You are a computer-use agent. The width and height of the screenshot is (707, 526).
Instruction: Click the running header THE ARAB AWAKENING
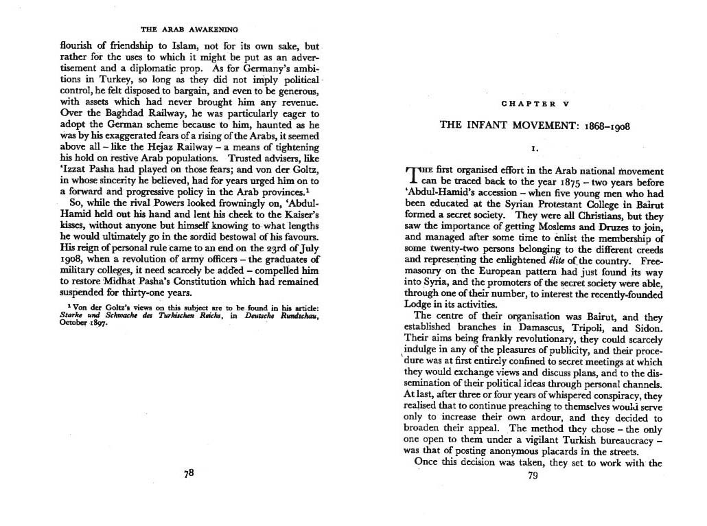(x=189, y=29)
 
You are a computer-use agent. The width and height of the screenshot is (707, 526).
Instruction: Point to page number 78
(x=189, y=474)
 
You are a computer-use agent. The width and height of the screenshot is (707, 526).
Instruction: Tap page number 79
(x=531, y=478)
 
